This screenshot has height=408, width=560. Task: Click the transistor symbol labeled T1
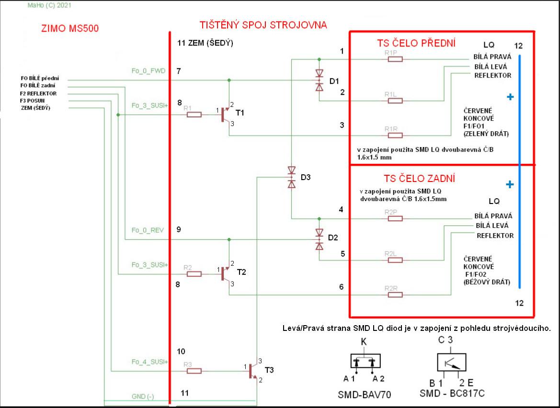(225, 115)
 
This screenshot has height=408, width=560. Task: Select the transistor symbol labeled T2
(225, 274)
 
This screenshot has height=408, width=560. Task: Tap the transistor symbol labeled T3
(253, 371)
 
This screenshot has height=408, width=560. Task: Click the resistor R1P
(395, 59)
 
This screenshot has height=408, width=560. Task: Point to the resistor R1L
(395, 101)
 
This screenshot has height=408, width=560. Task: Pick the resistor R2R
(395, 295)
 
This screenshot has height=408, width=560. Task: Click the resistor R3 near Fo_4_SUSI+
(194, 371)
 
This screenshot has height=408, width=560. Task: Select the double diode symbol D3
(291, 177)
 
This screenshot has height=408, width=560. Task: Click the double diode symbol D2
(319, 238)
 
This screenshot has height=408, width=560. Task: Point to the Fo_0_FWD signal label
(149, 71)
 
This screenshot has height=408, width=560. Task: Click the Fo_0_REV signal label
(148, 230)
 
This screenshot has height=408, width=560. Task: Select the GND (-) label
(143, 397)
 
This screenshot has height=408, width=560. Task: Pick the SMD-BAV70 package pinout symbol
(366, 362)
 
